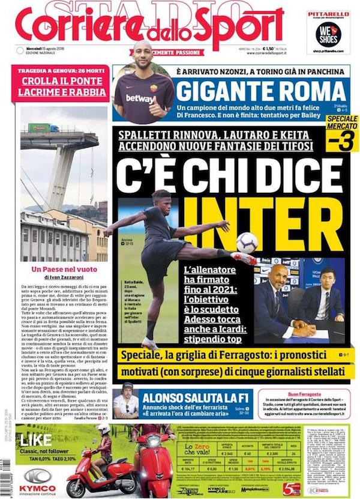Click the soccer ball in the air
click(247, 242)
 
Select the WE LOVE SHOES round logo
click(328, 34)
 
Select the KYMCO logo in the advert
click(40, 477)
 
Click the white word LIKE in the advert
click(35, 440)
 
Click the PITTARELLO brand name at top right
click(328, 13)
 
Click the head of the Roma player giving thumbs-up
click(143, 52)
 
